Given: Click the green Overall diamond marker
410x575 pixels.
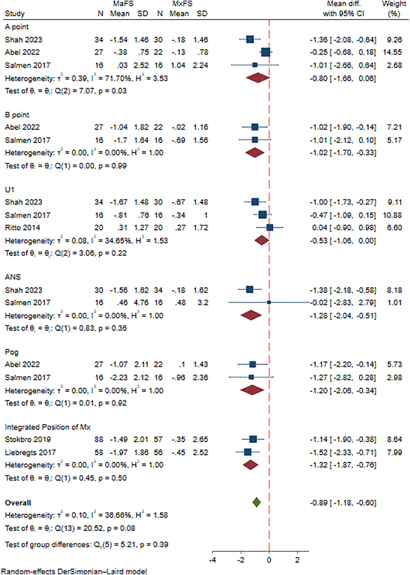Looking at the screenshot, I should pos(256,503).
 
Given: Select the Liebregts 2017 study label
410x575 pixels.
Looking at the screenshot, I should pos(29,451).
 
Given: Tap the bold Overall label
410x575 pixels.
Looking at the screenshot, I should pos(18,502).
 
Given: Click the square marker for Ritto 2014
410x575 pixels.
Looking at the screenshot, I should pos(269,227).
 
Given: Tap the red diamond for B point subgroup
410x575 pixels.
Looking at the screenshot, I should pos(254,153).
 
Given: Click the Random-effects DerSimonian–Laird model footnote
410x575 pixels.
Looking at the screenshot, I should pos(74,571).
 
